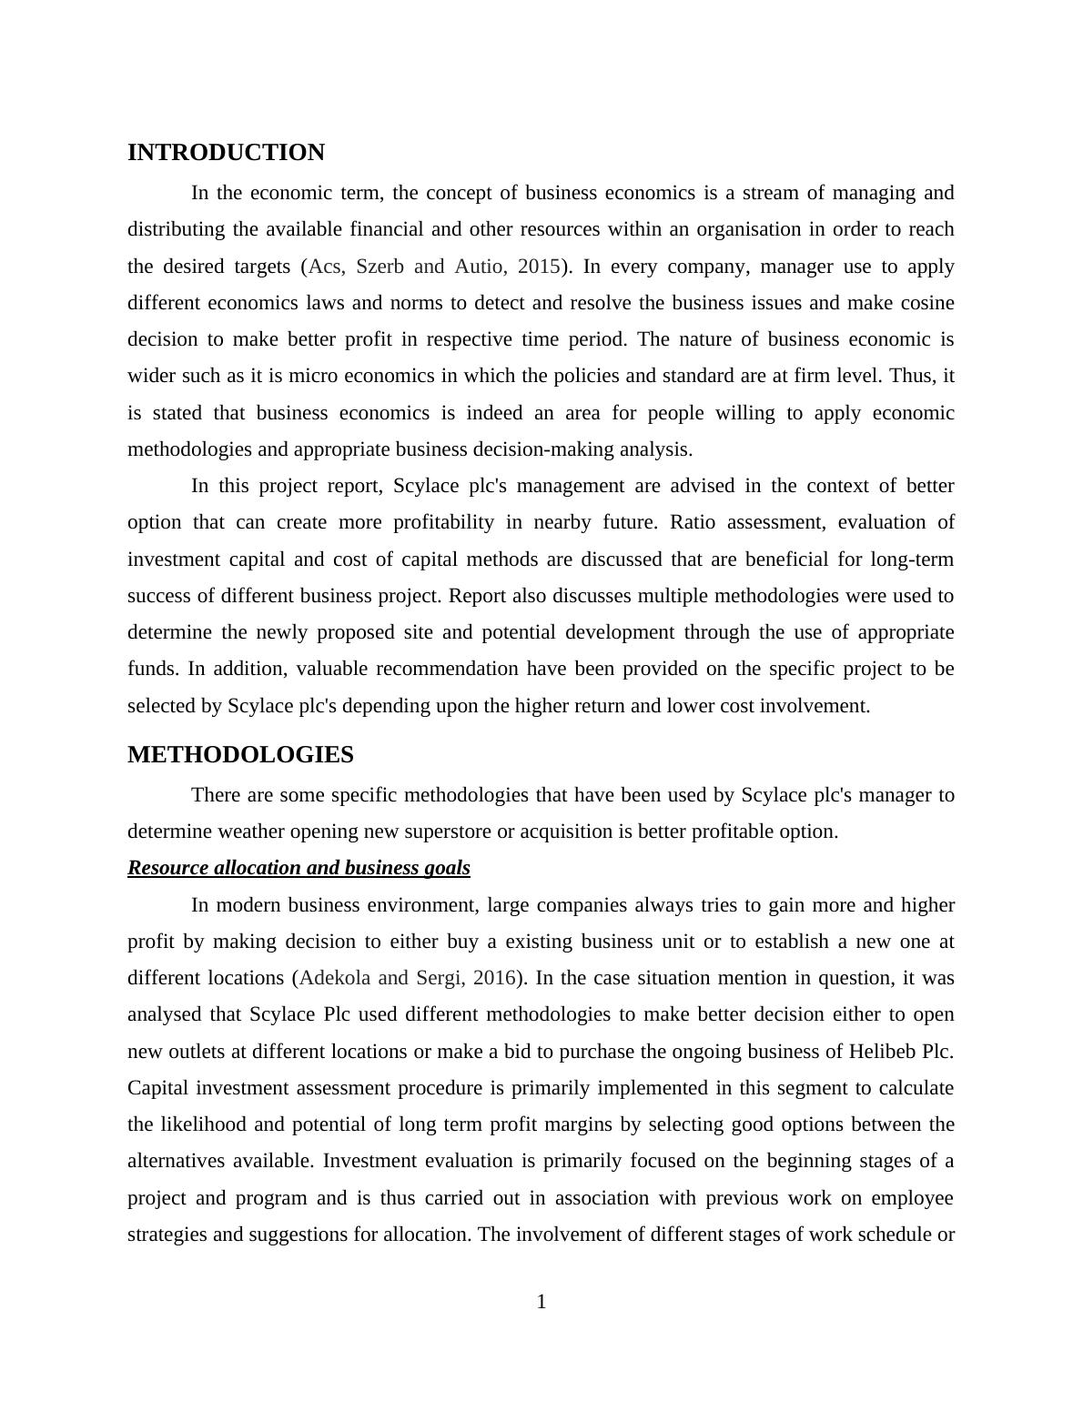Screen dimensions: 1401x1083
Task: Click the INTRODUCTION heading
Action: (x=226, y=153)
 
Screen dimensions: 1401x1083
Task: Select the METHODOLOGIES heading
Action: (x=240, y=755)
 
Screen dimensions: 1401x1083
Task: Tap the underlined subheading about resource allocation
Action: (x=299, y=868)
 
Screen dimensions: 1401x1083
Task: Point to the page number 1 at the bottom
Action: (x=541, y=1303)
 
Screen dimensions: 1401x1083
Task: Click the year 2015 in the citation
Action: (x=539, y=267)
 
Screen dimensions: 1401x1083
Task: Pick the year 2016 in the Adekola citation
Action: (x=494, y=978)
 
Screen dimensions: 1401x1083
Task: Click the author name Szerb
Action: (x=380, y=267)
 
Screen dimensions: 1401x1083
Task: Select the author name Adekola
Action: (x=335, y=978)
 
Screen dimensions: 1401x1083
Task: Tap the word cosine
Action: (x=925, y=303)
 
